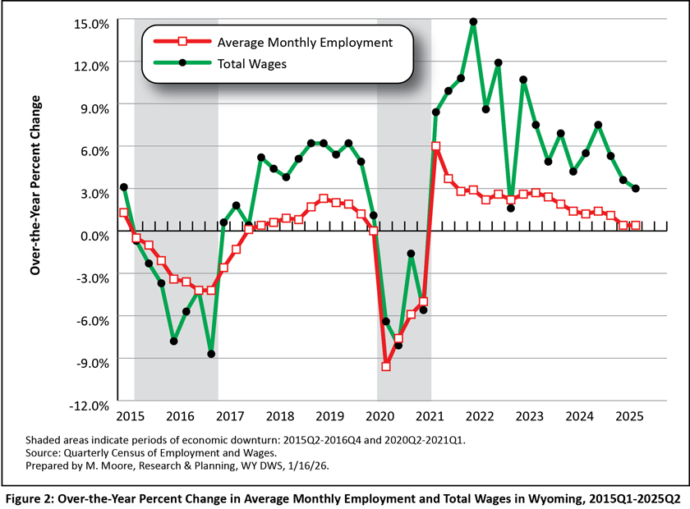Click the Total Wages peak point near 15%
point(473,22)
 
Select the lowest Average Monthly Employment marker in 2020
point(386,366)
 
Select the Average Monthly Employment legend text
point(305,41)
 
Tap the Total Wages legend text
point(251,63)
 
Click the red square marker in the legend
point(184,41)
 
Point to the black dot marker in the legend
point(184,63)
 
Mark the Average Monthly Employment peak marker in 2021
point(435,146)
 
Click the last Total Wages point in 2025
point(636,188)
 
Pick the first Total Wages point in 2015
point(123,187)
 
